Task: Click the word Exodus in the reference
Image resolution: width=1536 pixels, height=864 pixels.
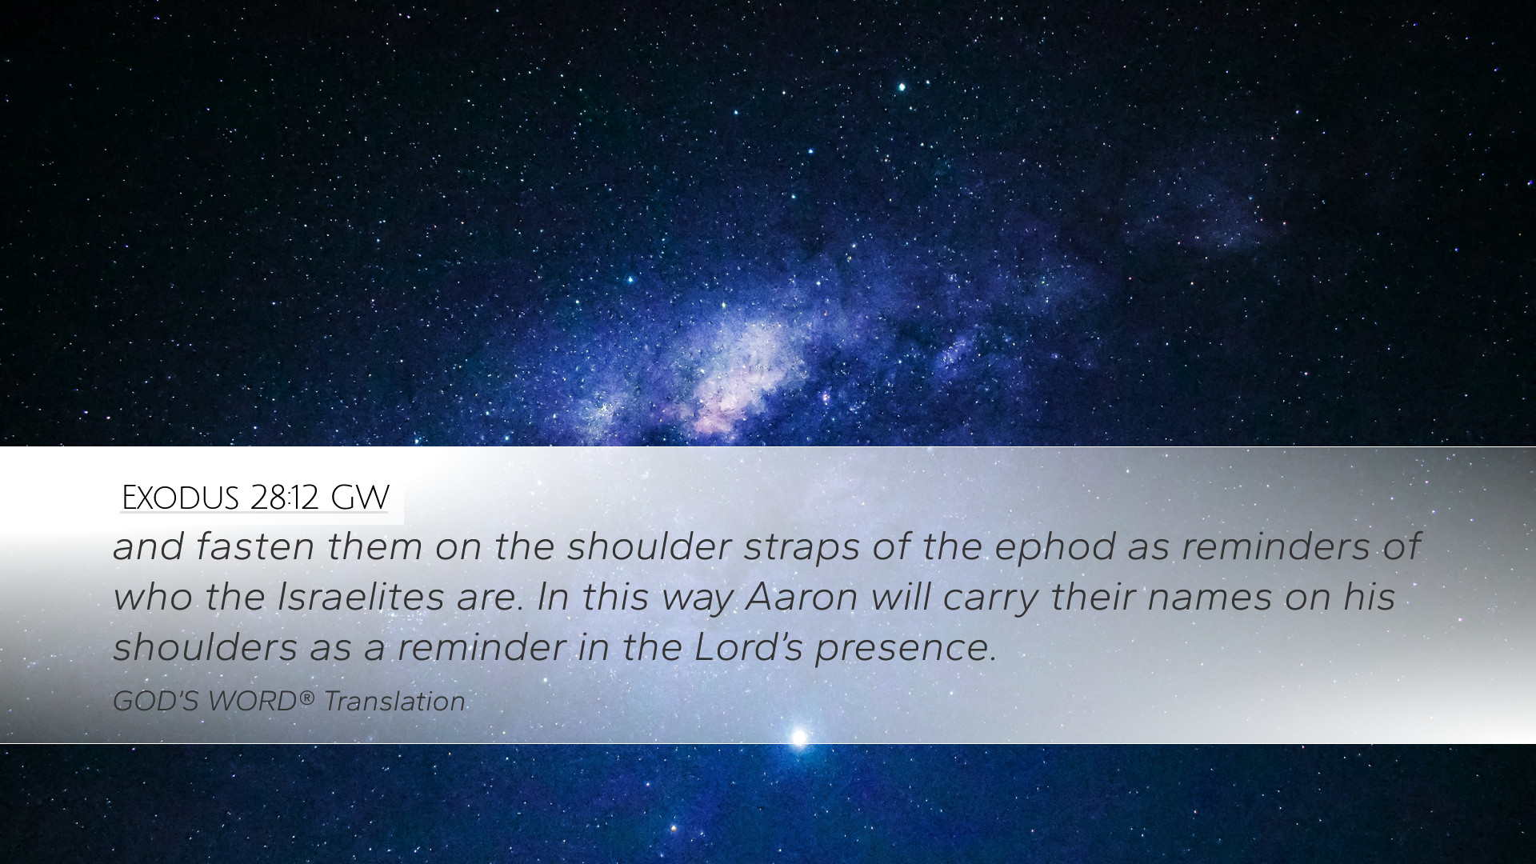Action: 180,498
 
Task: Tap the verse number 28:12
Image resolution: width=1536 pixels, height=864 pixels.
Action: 284,498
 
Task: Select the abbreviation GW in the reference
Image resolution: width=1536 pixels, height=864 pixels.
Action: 360,498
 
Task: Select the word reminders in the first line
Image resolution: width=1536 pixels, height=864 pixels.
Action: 1272,547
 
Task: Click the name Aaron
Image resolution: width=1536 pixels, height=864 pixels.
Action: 802,597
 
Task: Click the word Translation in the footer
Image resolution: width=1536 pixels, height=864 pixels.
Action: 395,702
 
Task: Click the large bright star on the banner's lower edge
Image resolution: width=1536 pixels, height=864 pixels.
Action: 798,737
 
